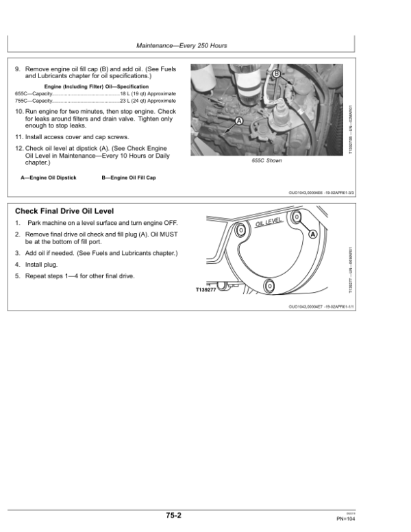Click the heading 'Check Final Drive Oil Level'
(x=64, y=210)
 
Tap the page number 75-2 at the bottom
(x=173, y=514)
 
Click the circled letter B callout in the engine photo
(x=276, y=74)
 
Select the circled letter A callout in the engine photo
(x=240, y=121)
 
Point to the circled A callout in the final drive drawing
(x=313, y=234)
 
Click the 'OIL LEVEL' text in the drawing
(x=269, y=223)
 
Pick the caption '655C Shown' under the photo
(x=266, y=160)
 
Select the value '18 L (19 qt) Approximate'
(x=147, y=93)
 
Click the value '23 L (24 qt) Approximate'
(x=147, y=100)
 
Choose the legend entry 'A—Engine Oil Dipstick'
(x=49, y=178)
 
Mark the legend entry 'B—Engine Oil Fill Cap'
(x=129, y=178)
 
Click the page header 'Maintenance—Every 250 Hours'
(x=182, y=46)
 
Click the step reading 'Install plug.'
(x=41, y=264)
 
